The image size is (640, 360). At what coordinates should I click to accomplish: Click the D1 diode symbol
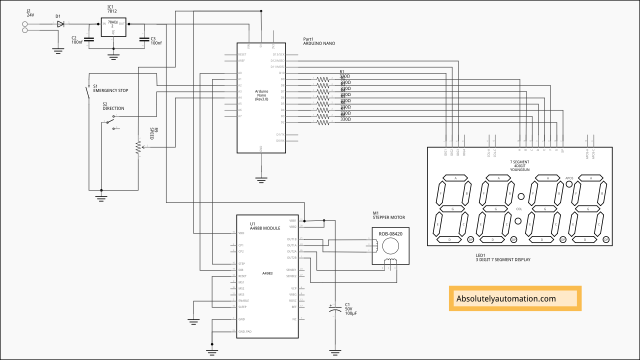click(60, 23)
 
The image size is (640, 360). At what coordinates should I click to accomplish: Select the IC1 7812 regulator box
click(113, 27)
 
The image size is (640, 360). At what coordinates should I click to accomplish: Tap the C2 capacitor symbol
click(88, 39)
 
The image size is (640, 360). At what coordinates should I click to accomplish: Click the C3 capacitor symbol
click(144, 39)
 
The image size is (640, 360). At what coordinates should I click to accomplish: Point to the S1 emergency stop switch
click(87, 91)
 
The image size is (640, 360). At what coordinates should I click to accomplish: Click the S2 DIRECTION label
click(113, 108)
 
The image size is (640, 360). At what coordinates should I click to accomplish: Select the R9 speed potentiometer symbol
click(138, 147)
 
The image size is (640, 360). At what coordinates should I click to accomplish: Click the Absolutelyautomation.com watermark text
click(506, 298)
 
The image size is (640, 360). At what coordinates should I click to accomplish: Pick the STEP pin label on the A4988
click(241, 263)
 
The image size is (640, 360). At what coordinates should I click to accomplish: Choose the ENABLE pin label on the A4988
click(243, 300)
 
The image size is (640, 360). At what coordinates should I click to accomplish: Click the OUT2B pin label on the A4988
click(292, 257)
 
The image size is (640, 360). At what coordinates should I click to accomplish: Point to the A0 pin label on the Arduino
click(240, 73)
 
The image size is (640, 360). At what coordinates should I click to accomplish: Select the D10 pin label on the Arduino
click(282, 73)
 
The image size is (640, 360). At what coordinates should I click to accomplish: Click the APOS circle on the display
click(569, 184)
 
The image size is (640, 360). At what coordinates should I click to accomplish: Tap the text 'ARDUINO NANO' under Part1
click(319, 43)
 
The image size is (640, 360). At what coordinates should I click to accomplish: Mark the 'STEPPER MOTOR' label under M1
click(388, 217)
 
